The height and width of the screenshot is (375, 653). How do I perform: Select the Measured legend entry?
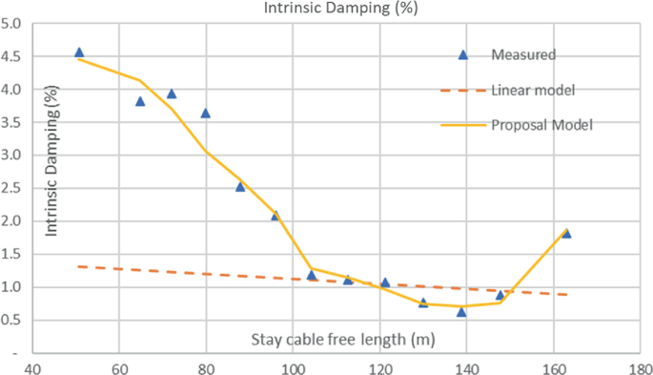click(523, 54)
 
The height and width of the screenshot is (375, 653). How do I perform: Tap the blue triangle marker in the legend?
click(463, 54)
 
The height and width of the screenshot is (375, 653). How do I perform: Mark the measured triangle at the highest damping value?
click(79, 52)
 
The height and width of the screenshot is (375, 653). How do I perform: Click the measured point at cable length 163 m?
click(566, 233)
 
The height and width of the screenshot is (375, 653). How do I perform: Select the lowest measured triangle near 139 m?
click(461, 311)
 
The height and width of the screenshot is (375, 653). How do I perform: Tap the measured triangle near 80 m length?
click(205, 113)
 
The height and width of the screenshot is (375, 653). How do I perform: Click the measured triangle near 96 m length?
click(275, 216)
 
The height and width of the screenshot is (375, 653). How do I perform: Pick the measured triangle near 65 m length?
click(140, 100)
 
